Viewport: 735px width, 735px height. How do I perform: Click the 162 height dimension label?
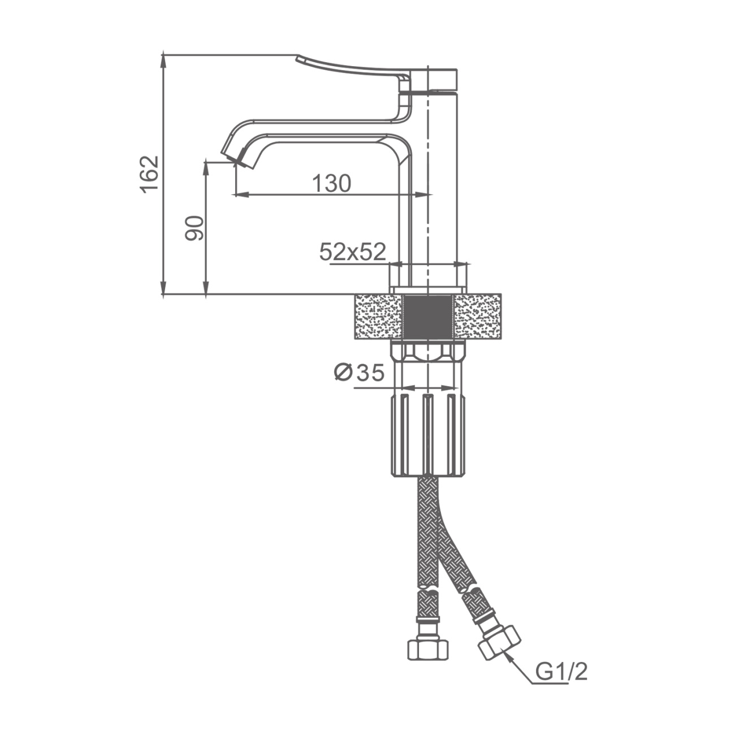click(149, 174)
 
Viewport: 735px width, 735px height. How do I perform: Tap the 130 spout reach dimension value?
click(331, 183)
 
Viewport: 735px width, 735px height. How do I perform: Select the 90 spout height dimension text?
click(194, 228)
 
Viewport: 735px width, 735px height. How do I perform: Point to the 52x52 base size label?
click(353, 252)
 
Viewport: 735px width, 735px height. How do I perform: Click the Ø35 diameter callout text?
click(359, 372)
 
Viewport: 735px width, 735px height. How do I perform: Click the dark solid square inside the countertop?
click(429, 317)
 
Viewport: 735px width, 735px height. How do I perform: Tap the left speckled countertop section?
click(378, 317)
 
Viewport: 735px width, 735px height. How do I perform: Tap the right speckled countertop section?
click(478, 317)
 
